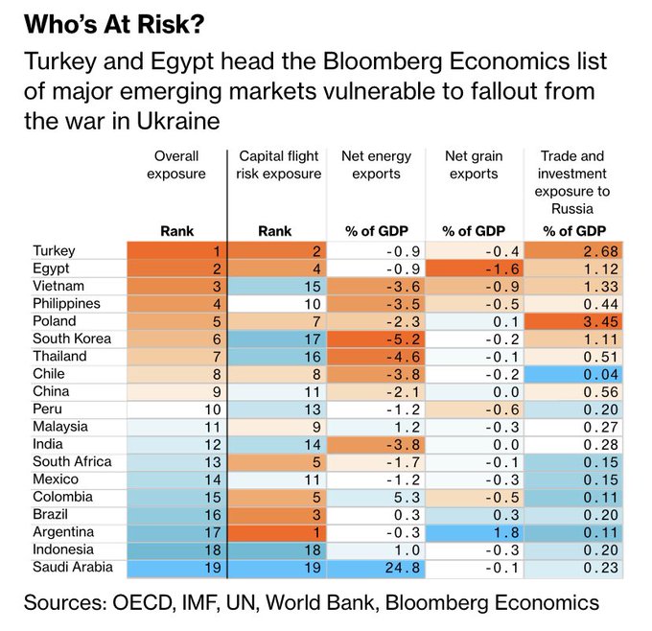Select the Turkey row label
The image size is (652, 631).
[54, 251]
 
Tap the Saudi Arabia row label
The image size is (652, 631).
[73, 567]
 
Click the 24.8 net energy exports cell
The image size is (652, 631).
[377, 567]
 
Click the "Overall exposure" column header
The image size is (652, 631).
[179, 164]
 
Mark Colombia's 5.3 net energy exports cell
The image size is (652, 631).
[377, 497]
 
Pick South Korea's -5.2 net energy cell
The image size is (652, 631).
[377, 339]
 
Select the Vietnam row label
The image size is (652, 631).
[58, 286]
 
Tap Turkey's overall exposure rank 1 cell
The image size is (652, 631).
[179, 251]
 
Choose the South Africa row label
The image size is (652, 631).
[71, 461]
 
